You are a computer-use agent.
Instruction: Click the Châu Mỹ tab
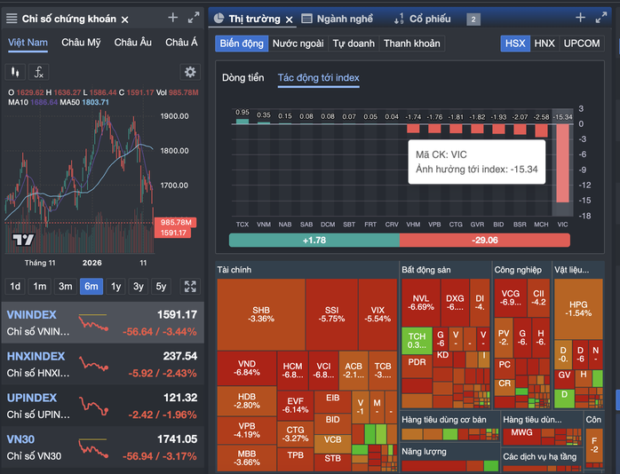[80, 43]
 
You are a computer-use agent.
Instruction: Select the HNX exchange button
[544, 43]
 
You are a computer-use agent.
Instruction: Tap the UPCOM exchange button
[582, 43]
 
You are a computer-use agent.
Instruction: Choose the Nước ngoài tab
[298, 43]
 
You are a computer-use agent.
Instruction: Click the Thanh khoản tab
[411, 43]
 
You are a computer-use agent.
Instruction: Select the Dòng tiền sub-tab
[242, 78]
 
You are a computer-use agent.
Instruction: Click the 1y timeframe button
[115, 286]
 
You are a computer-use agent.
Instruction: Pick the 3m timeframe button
[66, 286]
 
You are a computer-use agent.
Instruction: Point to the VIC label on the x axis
[562, 225]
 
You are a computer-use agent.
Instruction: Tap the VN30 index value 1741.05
[179, 439]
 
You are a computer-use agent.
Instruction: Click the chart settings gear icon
[189, 72]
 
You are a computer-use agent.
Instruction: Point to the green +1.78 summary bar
[313, 241]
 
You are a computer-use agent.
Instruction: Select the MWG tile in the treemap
[522, 434]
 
